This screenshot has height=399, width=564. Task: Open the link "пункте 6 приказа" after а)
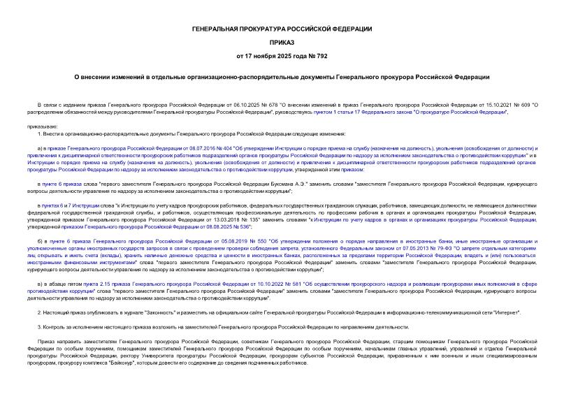click(60, 182)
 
